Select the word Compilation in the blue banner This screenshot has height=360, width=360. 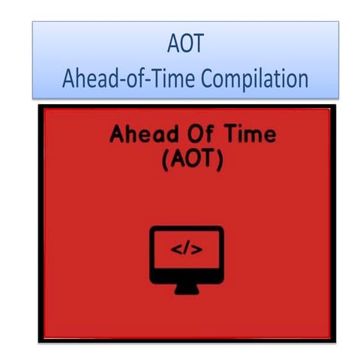click(x=255, y=79)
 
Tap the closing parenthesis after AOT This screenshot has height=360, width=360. click(x=217, y=159)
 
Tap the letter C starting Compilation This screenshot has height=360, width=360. click(x=208, y=79)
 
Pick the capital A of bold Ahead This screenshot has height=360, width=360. click(x=118, y=136)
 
